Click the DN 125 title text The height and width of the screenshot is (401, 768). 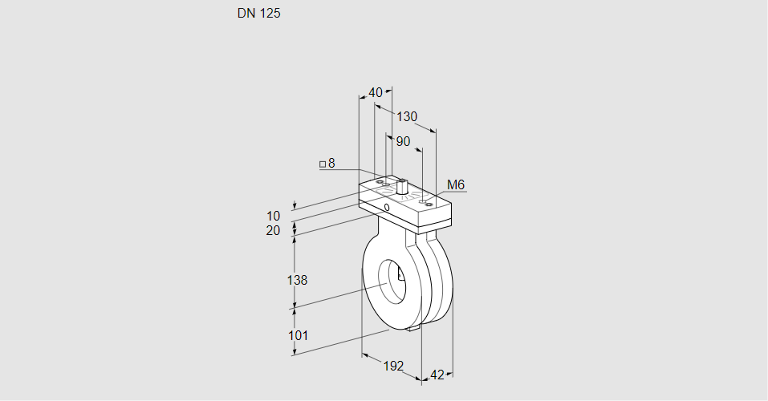(258, 14)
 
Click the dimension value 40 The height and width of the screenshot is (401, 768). (376, 93)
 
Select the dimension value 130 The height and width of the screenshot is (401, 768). (407, 117)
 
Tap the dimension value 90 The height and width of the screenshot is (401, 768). (402, 142)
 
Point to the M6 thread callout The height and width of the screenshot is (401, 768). (456, 185)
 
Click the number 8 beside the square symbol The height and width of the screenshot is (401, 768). (331, 164)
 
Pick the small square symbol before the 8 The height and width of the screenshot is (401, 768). (323, 164)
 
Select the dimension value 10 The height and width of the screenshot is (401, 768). (274, 217)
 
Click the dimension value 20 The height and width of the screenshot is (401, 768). (274, 231)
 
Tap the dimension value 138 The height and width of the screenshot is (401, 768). (298, 280)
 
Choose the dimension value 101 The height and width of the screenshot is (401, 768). (298, 335)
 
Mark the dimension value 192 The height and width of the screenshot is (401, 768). (392, 366)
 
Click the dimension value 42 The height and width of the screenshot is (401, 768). (437, 375)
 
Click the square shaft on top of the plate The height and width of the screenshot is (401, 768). (401, 188)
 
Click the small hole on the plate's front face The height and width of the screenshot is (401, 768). (387, 207)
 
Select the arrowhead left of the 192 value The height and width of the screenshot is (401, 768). (365, 355)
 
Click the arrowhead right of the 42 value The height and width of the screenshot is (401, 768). (449, 374)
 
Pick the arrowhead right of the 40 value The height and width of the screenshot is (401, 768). (388, 93)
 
